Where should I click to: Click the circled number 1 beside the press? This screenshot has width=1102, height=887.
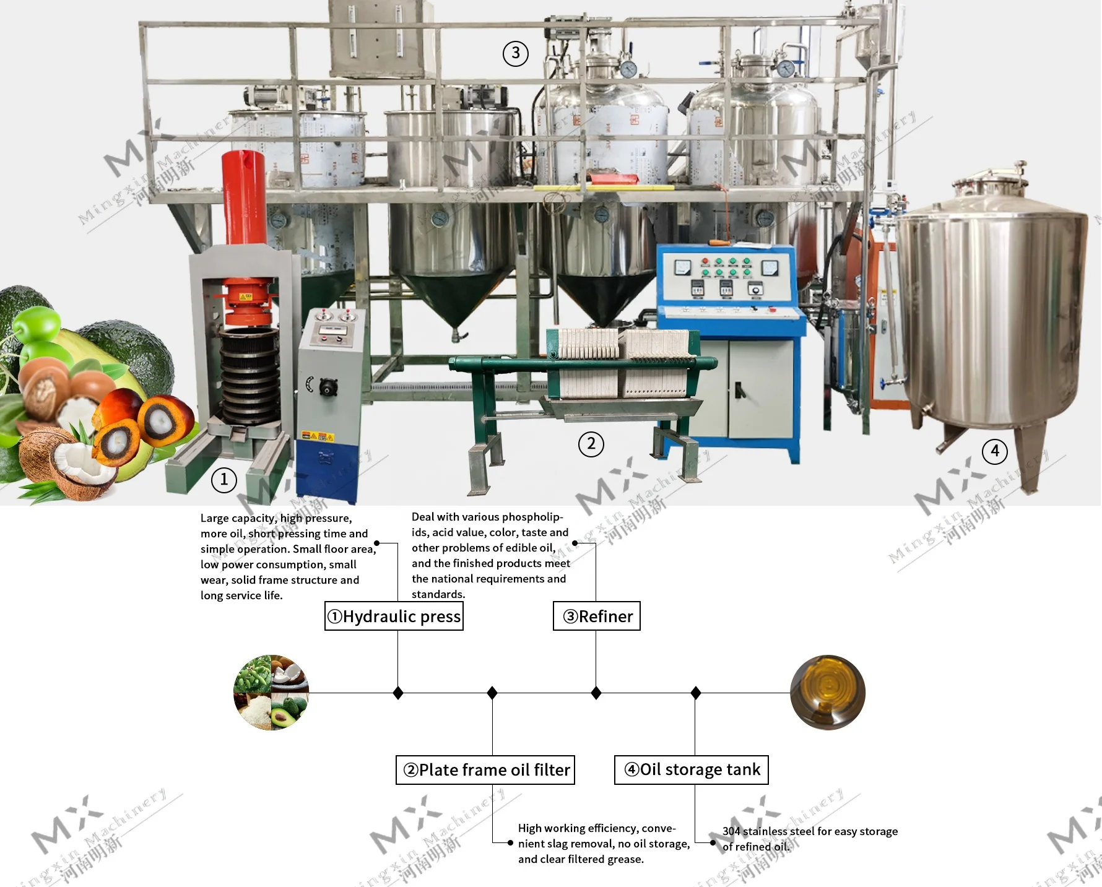[224, 480]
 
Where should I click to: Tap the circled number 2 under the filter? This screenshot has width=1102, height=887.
[591, 444]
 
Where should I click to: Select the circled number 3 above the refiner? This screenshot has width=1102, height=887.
[515, 54]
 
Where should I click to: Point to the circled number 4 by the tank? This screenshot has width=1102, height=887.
[994, 451]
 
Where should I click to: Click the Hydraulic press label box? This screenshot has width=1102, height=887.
[394, 617]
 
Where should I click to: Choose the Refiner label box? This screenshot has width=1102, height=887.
[597, 617]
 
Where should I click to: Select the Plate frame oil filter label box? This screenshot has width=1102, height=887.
[485, 770]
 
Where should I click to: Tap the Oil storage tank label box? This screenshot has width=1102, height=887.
[691, 770]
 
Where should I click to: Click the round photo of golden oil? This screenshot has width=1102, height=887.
[828, 692]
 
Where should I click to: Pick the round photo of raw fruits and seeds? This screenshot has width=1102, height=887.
[271, 692]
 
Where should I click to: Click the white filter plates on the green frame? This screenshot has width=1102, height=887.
[622, 362]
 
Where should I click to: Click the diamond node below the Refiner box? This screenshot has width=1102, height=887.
[596, 693]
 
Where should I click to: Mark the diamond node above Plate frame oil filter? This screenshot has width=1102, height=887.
[492, 693]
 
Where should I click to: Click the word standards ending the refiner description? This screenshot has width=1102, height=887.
[438, 594]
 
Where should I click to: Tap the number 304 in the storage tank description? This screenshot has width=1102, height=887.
[731, 831]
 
